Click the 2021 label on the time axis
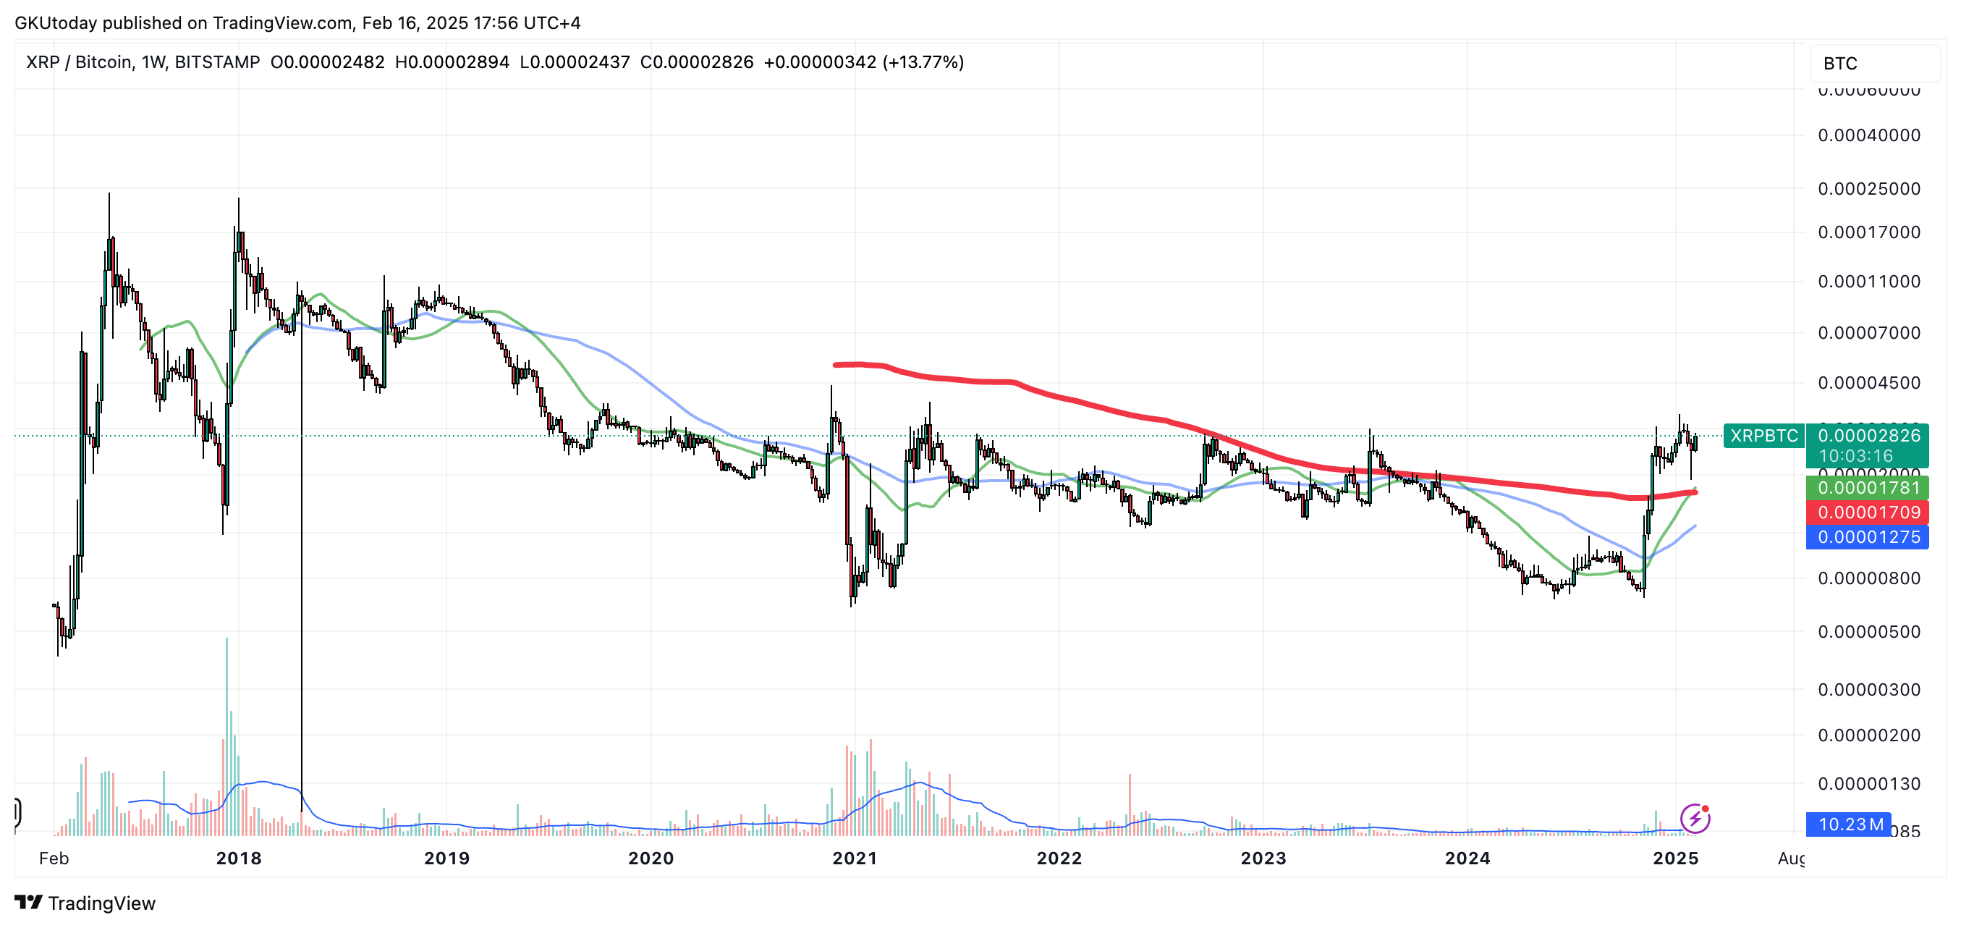pos(854,858)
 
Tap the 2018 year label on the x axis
pos(238,858)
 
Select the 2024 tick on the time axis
pos(1467,858)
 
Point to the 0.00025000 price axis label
pos(1869,189)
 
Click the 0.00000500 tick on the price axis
pos(1869,632)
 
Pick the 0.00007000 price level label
pos(1869,333)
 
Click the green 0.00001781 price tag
pos(1868,487)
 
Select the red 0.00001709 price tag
pos(1868,512)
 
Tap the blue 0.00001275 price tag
pos(1868,537)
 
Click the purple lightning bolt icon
pos(1695,819)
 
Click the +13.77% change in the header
pos(923,62)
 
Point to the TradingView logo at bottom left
pos(85,903)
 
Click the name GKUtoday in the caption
pos(56,23)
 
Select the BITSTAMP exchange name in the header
pos(217,62)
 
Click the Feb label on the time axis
pos(54,858)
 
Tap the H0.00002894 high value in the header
pos(452,62)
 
